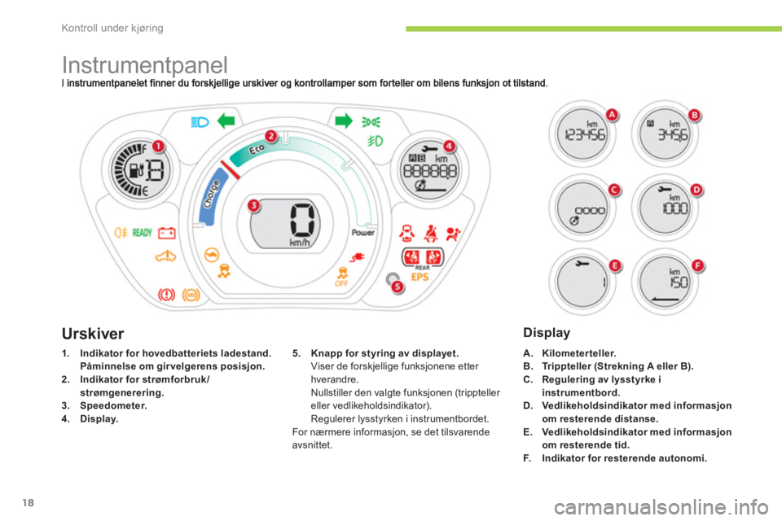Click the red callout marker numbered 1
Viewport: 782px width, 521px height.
click(x=160, y=146)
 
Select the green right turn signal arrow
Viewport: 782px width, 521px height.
click(x=344, y=122)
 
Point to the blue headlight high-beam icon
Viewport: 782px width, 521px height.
click(x=199, y=123)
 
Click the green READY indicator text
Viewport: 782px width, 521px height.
click(x=142, y=233)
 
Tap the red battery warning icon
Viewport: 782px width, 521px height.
click(x=167, y=233)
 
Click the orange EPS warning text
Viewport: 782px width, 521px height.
click(x=420, y=277)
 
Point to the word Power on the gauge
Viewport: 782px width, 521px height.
click(x=362, y=232)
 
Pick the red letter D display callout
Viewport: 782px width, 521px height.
click(x=696, y=190)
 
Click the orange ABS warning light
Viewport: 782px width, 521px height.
click(x=192, y=291)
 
